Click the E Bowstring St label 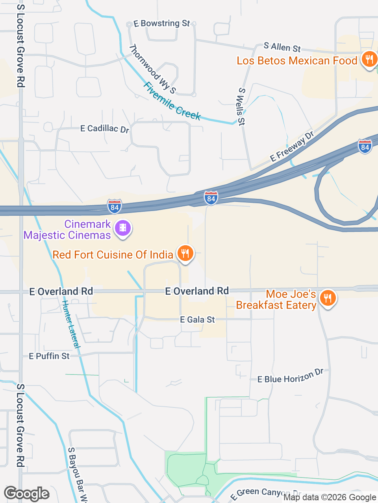[161, 24]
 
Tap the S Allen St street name [282, 47]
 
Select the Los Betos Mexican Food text [297, 61]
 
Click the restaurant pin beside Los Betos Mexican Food [369, 59]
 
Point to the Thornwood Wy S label [152, 69]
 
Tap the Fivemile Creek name [172, 101]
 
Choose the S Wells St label [241, 106]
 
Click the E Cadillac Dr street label [105, 129]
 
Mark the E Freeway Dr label [292, 147]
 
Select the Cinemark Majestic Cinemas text [67, 229]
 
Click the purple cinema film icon [123, 228]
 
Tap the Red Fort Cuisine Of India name [113, 255]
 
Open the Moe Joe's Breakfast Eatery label [276, 299]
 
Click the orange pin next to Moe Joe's [327, 298]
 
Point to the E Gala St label [197, 319]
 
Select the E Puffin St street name [49, 356]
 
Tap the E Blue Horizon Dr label [290, 377]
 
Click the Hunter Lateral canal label [71, 324]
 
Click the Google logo [26, 494]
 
